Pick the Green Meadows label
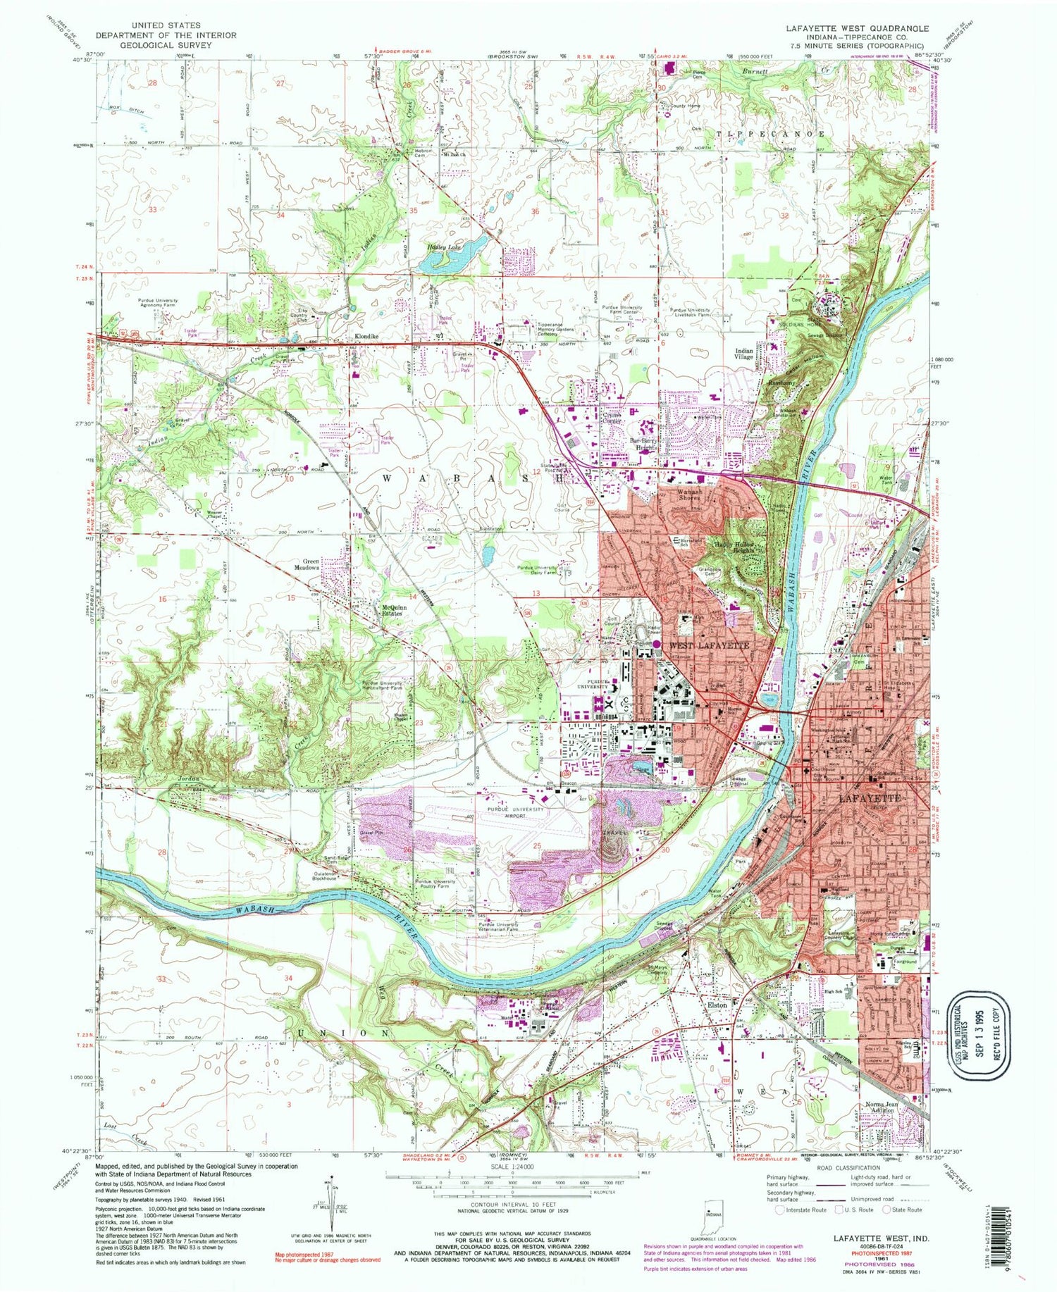tap(311, 564)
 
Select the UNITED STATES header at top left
tap(148, 25)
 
